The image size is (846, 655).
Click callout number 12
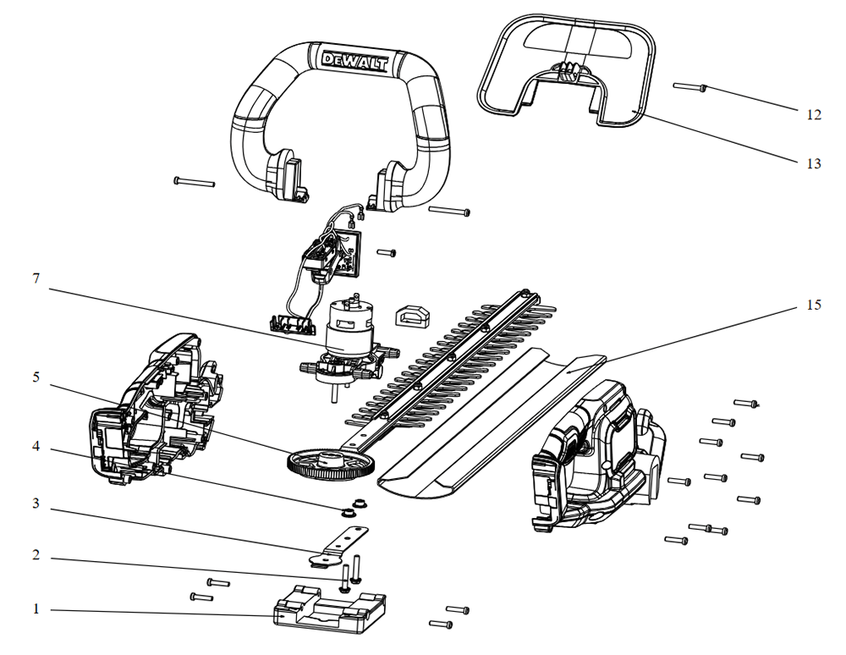pyautogui.click(x=814, y=114)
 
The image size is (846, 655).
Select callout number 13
pyautogui.click(x=814, y=163)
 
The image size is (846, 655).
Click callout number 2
pyautogui.click(x=35, y=559)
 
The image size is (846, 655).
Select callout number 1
pyautogui.click(x=35, y=608)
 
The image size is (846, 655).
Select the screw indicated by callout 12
pyautogui.click(x=690, y=87)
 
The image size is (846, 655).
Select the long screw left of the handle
pyautogui.click(x=194, y=181)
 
